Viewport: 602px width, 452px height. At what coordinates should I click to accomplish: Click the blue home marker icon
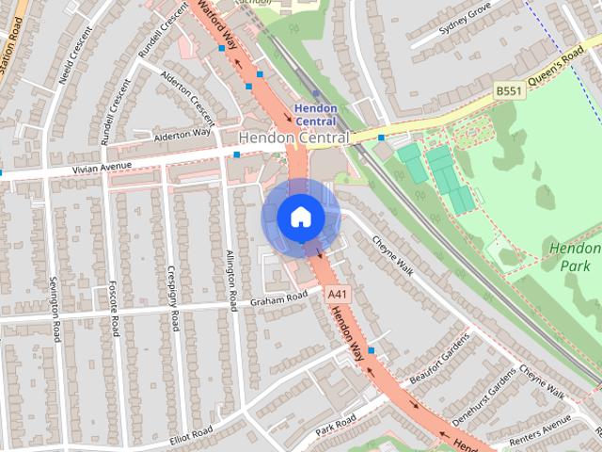[x=300, y=218]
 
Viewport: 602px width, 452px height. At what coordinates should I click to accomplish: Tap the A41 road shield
[x=338, y=295]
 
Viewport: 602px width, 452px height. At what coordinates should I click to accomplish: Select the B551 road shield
[x=508, y=90]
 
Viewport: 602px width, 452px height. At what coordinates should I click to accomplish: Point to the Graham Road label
[x=278, y=299]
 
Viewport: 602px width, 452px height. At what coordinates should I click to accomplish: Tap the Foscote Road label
[x=113, y=306]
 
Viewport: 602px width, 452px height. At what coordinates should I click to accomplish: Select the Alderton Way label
[x=183, y=136]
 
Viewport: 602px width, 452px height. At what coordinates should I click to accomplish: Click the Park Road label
[x=336, y=419]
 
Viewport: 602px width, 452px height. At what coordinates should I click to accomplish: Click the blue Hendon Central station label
[x=315, y=115]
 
